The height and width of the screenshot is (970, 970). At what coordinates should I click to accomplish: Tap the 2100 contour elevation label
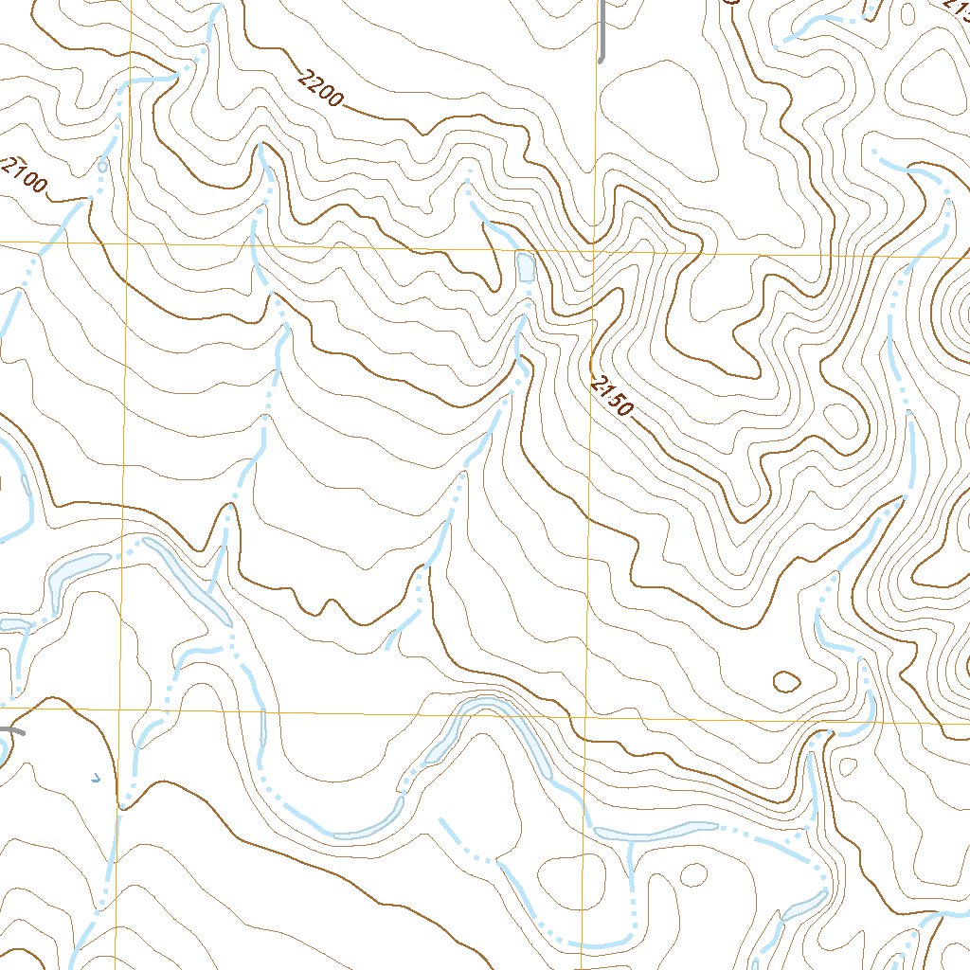(24, 176)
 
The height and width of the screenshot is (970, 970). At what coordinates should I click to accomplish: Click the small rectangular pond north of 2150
(525, 266)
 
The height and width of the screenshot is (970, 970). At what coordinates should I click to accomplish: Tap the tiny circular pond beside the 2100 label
(102, 167)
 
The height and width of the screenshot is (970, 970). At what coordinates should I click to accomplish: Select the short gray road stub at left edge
(11, 730)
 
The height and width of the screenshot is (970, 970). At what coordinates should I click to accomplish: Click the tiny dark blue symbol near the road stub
(94, 779)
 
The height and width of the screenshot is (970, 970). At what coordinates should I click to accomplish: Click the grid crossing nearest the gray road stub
(119, 709)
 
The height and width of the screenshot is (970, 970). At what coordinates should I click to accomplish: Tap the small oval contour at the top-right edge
(907, 14)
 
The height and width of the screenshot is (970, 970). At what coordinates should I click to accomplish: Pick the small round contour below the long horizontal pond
(694, 873)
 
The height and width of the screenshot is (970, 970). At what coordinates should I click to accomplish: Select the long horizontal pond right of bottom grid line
(654, 835)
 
